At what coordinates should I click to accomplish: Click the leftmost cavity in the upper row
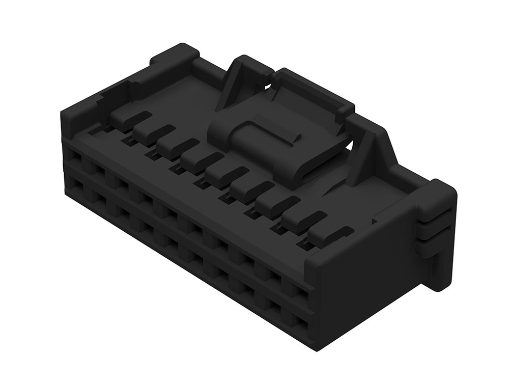[75, 158]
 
